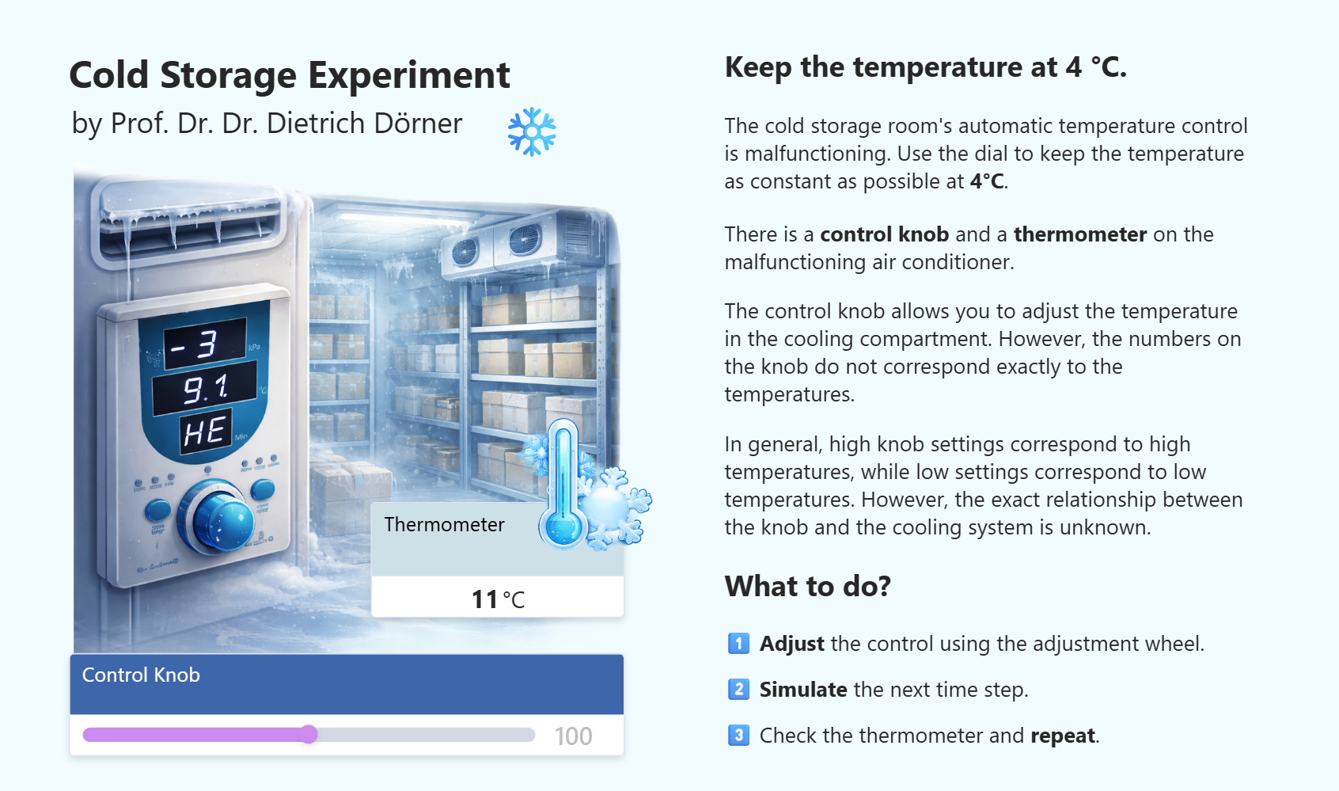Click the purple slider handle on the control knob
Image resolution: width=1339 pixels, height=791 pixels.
click(309, 734)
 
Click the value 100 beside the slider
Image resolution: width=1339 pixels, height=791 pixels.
click(573, 736)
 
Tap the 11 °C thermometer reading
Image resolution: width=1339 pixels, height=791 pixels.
click(498, 599)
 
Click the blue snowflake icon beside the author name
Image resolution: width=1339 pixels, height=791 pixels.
click(532, 131)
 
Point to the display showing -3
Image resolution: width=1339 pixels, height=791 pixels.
click(205, 343)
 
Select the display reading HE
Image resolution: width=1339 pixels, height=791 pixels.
click(205, 431)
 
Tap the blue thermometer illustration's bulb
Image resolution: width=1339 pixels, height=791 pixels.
click(563, 527)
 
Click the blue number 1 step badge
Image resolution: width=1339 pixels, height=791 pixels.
click(738, 643)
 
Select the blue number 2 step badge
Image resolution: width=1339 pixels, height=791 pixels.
click(738, 690)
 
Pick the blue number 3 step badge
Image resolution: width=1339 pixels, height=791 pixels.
click(738, 735)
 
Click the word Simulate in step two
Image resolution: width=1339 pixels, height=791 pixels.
click(802, 690)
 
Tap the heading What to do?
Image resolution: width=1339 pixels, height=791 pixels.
click(807, 586)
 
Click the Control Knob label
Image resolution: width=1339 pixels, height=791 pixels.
click(141, 675)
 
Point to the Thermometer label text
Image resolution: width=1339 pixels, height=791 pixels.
click(444, 524)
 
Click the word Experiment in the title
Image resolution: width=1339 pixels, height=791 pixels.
click(409, 76)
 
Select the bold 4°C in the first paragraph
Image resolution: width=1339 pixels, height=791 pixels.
click(987, 181)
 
